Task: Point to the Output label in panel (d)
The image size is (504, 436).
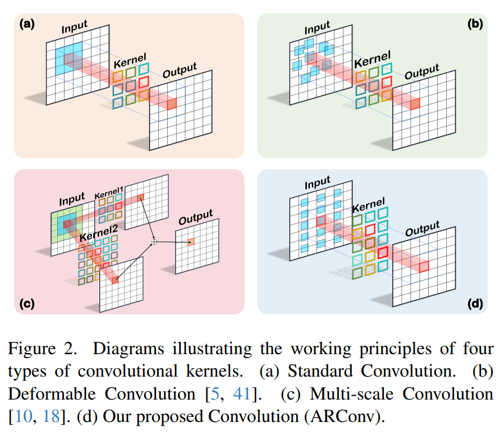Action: point(422,230)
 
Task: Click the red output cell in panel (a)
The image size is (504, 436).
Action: point(172,103)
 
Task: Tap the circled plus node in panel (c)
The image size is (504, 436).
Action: point(154,241)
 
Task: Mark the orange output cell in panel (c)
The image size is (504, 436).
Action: point(192,242)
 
